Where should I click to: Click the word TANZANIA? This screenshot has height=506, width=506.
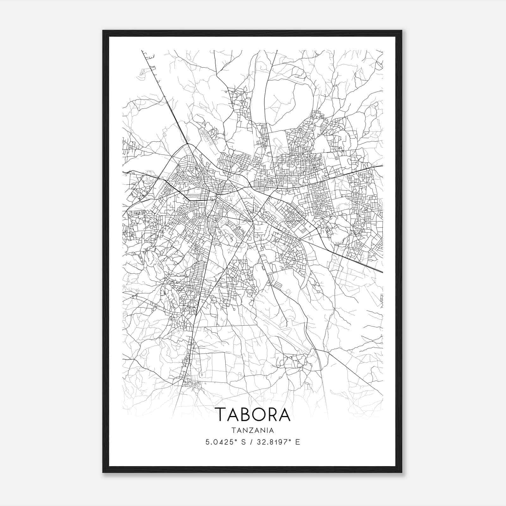click(253, 430)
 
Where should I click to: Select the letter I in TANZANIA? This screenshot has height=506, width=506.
click(268, 430)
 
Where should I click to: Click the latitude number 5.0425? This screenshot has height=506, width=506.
click(217, 442)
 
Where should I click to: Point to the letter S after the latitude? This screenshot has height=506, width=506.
click(243, 442)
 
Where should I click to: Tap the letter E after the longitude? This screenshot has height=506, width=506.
click(298, 442)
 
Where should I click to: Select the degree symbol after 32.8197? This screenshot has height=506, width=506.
click(289, 440)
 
